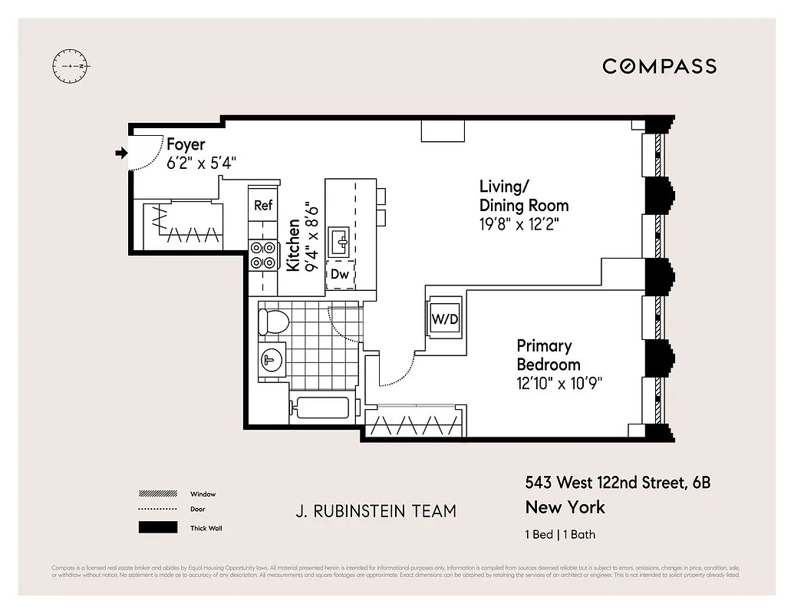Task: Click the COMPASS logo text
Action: point(659,66)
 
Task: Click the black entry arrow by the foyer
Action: point(120,153)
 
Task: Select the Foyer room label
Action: point(186,144)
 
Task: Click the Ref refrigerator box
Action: point(263,205)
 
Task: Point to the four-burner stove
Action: point(263,255)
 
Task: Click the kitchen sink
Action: point(339,243)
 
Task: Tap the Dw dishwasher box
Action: point(340,274)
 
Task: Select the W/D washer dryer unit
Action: point(444,317)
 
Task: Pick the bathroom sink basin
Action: point(270,359)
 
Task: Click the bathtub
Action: point(322,408)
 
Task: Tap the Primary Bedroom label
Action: point(549,355)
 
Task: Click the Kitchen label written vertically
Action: point(293,246)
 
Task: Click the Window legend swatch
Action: point(156,494)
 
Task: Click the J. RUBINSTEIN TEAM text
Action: point(375,511)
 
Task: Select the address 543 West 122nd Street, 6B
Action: point(618,483)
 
